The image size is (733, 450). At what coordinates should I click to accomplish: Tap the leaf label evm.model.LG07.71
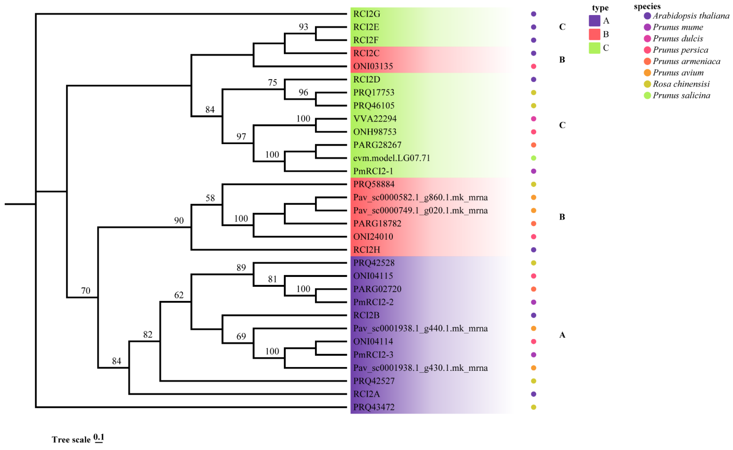click(x=391, y=158)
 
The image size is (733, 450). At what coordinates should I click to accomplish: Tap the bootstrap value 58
click(x=210, y=198)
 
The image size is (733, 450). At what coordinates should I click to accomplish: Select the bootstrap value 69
click(x=241, y=336)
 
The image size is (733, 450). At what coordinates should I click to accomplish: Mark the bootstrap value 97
click(x=241, y=137)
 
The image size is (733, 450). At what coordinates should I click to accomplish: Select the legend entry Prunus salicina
click(x=681, y=96)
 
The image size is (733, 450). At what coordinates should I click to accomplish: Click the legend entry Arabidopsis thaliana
click(x=690, y=16)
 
